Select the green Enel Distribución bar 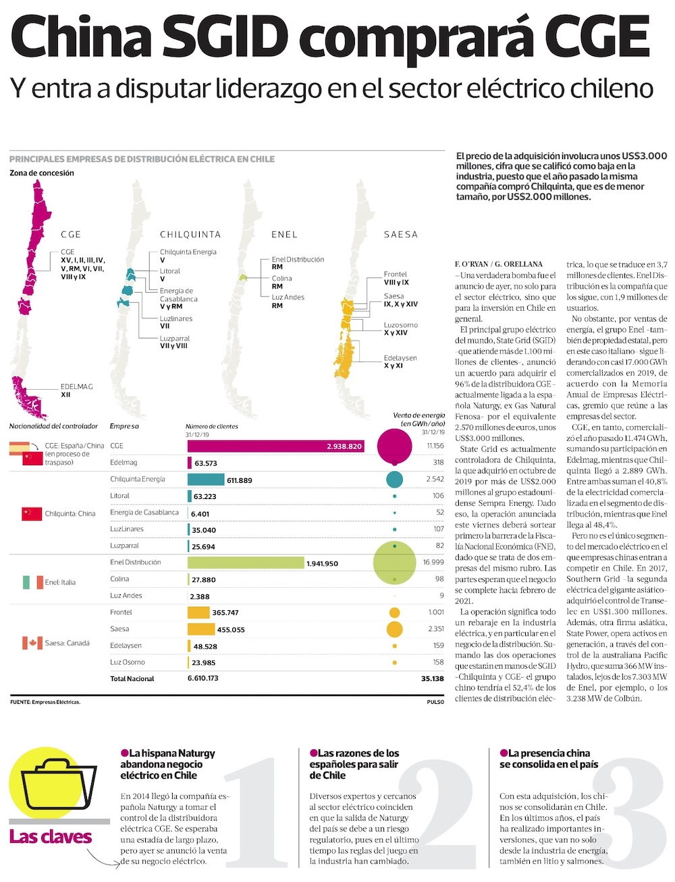[246, 562]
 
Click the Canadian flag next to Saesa [32, 643]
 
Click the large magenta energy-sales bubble [394, 445]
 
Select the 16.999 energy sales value [433, 562]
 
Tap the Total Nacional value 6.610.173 [203, 678]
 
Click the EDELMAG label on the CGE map [76, 387]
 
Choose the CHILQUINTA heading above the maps [190, 235]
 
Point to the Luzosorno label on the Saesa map [400, 325]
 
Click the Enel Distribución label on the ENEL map [298, 260]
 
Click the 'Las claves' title [51, 837]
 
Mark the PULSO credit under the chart [435, 702]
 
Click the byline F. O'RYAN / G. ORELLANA [499, 264]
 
